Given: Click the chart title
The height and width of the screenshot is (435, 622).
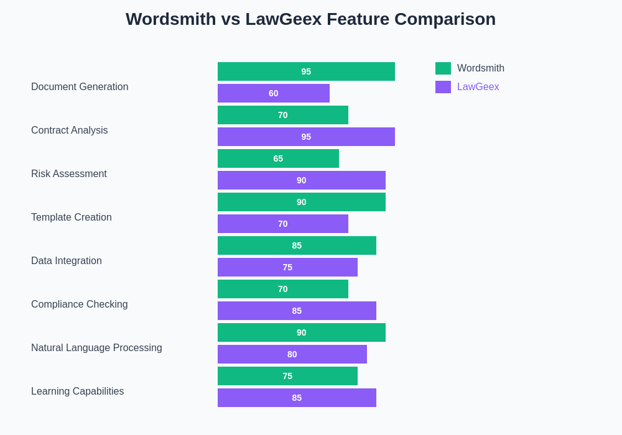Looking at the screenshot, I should coord(310,19).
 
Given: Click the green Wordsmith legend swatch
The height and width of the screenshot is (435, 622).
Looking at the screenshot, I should coord(443,68).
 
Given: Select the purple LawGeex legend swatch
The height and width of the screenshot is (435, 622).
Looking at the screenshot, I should coord(443,87).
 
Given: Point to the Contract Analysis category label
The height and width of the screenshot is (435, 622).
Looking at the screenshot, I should coord(70,130).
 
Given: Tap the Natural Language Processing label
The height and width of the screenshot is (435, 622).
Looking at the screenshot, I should coord(96,348).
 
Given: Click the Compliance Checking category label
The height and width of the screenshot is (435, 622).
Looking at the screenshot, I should coord(80,304).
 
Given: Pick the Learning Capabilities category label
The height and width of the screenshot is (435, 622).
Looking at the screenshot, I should coord(78,391).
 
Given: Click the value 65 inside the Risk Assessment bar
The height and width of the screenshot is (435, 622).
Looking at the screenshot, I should coord(278,158).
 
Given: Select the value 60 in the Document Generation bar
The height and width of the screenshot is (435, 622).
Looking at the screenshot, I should coord(274,93).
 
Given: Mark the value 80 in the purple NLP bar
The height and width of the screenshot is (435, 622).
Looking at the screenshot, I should coord(292,354).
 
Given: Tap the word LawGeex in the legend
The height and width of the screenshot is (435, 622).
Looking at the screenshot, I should coord(478,87).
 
